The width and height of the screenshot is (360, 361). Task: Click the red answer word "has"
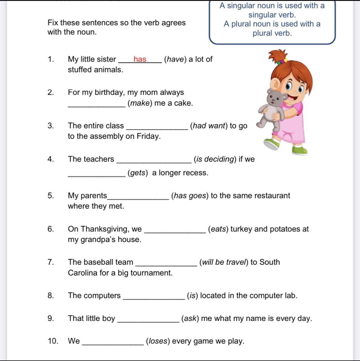[x=140, y=59]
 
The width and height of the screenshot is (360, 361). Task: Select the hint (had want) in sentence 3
[x=209, y=126]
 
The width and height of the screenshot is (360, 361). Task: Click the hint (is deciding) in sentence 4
[x=215, y=159]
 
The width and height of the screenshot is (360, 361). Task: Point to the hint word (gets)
[x=138, y=173]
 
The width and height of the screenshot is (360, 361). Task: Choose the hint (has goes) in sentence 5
[x=190, y=195]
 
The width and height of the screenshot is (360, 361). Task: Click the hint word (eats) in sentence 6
[x=218, y=229]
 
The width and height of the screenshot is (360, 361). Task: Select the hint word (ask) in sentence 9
[x=190, y=319]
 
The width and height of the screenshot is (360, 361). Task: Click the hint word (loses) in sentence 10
[x=158, y=341]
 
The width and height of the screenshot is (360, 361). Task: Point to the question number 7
[x=51, y=262]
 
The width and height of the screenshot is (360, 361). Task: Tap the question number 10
[x=53, y=341]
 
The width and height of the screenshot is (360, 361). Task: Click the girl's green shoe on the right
[x=300, y=150]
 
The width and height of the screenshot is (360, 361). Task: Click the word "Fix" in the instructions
[x=53, y=23]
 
